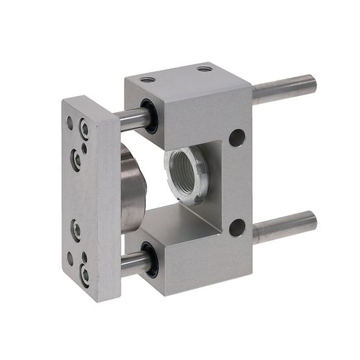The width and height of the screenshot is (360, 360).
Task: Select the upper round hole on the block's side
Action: [x=237, y=138]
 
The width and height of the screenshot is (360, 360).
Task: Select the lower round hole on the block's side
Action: [x=237, y=227]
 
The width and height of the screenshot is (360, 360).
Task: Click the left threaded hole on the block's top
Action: [x=149, y=79]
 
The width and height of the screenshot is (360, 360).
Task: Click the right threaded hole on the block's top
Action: [x=205, y=67]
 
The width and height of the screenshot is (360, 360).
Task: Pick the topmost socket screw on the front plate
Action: [x=85, y=128]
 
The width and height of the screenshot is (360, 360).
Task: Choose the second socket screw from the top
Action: [x=77, y=158]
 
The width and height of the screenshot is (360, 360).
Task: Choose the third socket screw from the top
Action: [x=77, y=228]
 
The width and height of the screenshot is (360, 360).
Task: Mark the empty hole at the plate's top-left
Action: [x=69, y=121]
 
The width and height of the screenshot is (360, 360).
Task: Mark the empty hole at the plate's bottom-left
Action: [x=70, y=258]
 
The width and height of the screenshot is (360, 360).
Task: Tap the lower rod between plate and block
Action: [x=132, y=261]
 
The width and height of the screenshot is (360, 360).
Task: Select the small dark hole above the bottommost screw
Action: [x=84, y=256]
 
